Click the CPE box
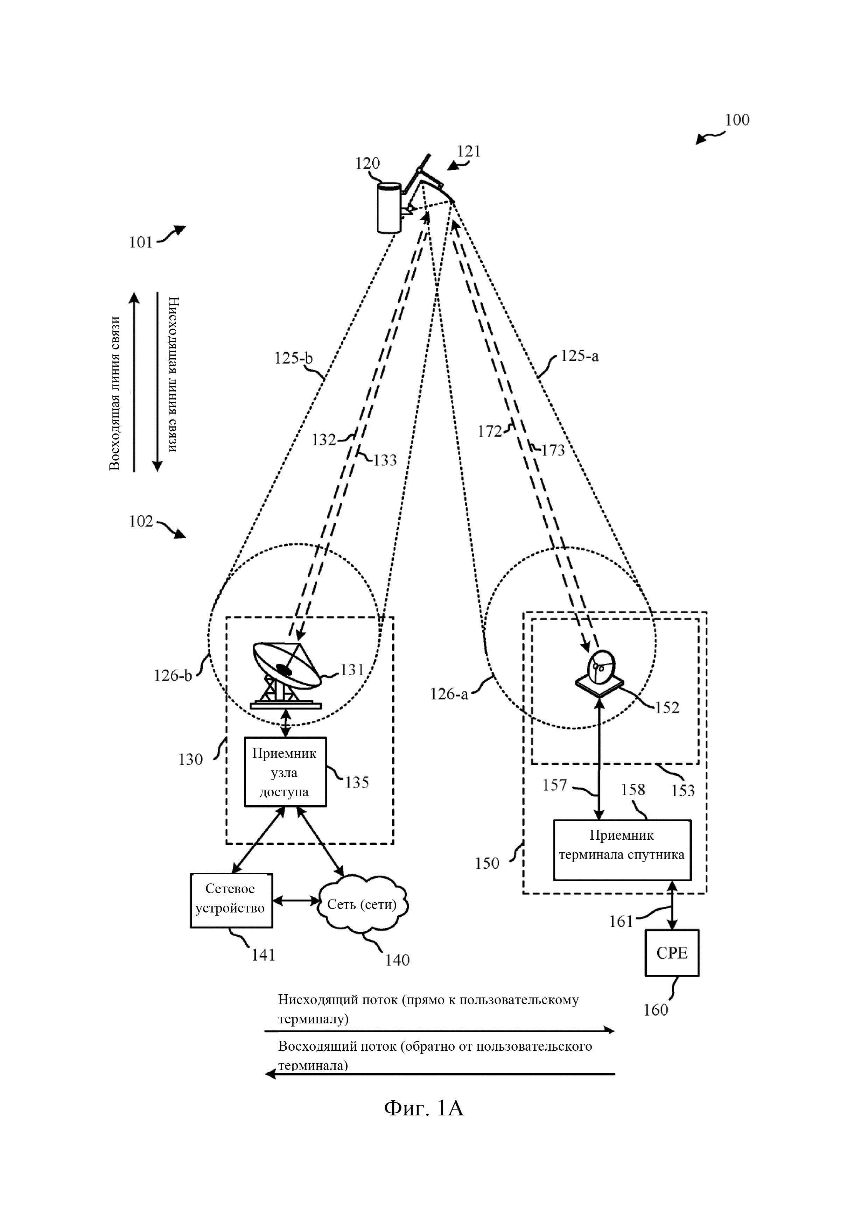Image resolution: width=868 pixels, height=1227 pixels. point(672,953)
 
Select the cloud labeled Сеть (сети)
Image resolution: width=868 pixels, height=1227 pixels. point(363,904)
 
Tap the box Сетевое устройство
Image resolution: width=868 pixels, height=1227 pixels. point(231,901)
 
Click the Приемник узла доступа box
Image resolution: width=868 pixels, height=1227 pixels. point(285,772)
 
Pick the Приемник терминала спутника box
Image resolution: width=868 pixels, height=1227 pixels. point(622,850)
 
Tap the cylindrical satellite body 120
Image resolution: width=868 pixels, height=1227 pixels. point(388,208)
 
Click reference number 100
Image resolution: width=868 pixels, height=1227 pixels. point(737,120)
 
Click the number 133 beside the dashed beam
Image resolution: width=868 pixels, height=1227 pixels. point(385,460)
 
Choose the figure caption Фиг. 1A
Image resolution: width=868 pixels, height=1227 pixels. point(424,1108)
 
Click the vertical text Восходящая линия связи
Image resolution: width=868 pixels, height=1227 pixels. point(114,393)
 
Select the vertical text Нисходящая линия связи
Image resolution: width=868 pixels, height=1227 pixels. point(173,374)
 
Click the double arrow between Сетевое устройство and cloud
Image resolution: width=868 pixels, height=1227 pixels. point(295,901)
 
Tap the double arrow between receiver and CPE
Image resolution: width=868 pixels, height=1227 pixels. point(672,905)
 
